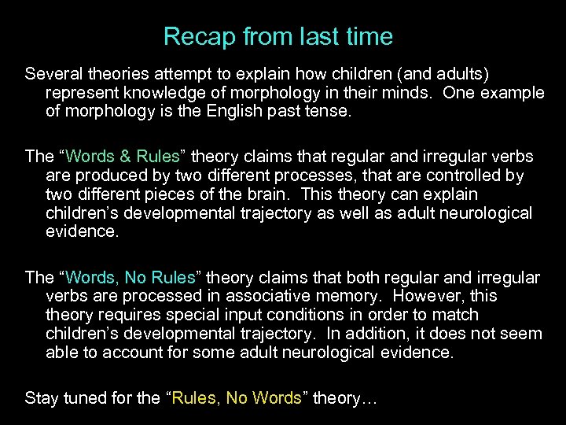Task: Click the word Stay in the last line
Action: point(40,398)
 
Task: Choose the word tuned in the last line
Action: point(81,398)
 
